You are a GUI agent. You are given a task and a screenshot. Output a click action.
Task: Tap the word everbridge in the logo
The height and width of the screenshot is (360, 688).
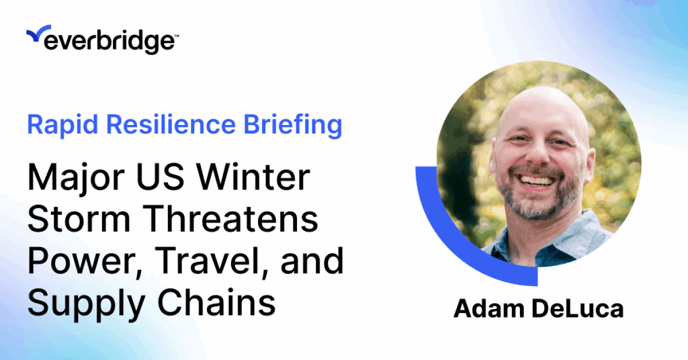(110, 42)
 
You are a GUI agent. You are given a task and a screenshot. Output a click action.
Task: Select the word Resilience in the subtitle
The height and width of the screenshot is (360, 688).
(171, 124)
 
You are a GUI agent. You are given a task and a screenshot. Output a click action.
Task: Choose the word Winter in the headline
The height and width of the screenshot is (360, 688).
(253, 177)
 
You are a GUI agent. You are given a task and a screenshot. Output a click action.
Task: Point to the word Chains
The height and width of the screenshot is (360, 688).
(216, 302)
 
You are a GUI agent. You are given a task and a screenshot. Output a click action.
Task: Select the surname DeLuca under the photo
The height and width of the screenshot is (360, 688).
(578, 308)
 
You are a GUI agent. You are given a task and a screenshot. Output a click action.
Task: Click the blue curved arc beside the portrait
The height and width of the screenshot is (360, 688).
(452, 246)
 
